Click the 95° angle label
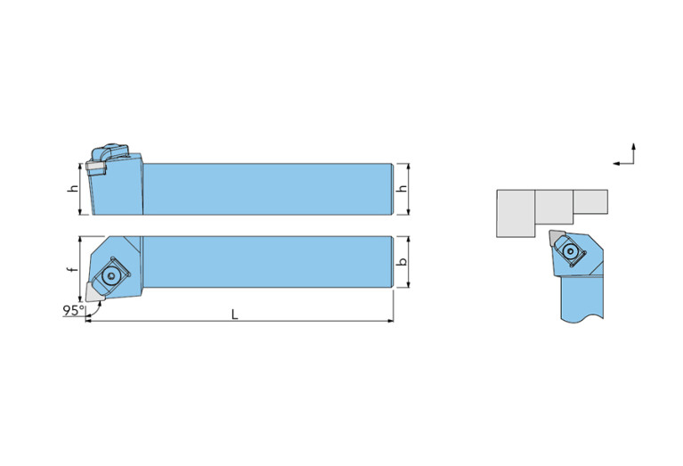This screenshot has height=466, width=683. [x=74, y=310]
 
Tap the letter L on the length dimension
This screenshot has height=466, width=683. [x=234, y=314]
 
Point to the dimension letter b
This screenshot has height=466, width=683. [x=403, y=262]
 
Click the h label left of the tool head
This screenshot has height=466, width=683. [x=74, y=189]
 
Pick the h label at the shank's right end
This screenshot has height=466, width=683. [x=403, y=189]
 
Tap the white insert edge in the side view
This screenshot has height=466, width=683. [x=96, y=166]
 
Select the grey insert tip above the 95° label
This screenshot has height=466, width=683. [x=94, y=291]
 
